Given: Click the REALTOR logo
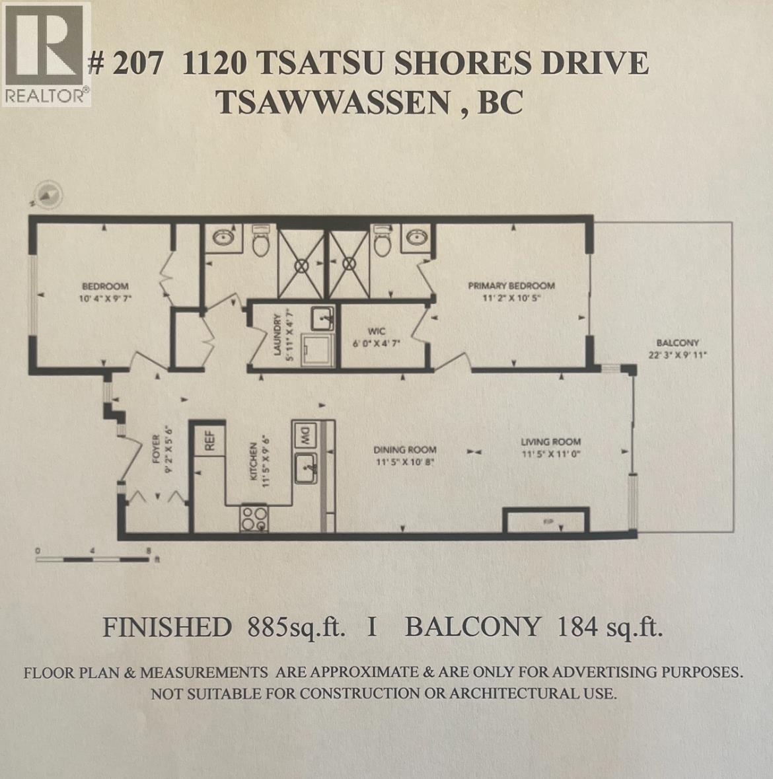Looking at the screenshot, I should pyautogui.click(x=46, y=54).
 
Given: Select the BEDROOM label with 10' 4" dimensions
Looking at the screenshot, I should pyautogui.click(x=104, y=286).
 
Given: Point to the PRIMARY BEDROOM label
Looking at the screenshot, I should pyautogui.click(x=511, y=286).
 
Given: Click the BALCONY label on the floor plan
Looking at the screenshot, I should pyautogui.click(x=677, y=343).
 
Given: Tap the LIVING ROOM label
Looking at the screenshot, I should pyautogui.click(x=550, y=442).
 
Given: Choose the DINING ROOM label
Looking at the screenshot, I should pyautogui.click(x=405, y=449).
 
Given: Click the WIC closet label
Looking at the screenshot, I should pyautogui.click(x=377, y=331).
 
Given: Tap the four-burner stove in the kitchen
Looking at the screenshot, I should pyautogui.click(x=254, y=517).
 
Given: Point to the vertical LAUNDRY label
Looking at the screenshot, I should pyautogui.click(x=278, y=336).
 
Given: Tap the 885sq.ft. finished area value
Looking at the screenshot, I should pyautogui.click(x=297, y=626).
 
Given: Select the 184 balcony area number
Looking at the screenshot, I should pyautogui.click(x=573, y=626).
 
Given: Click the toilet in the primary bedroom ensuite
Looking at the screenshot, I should pyautogui.click(x=383, y=243).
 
